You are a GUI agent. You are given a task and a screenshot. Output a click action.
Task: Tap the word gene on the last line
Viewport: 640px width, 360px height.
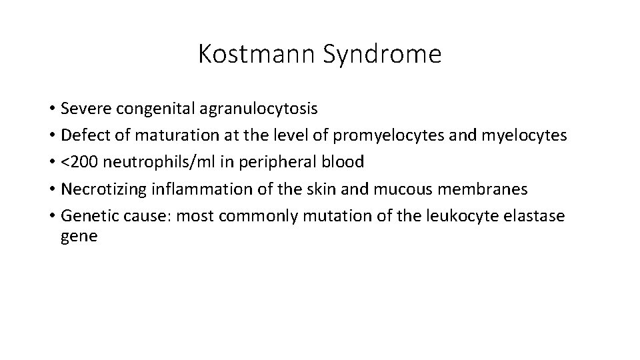tap(79, 237)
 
